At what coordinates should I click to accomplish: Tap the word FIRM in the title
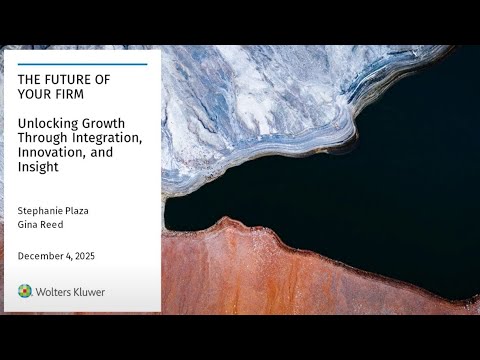[x=73, y=96]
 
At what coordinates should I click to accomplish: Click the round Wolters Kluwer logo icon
[x=25, y=291]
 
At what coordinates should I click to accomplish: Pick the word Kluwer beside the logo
[x=88, y=292]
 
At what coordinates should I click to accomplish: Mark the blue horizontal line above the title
[x=82, y=65]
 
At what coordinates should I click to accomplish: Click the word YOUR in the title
[x=35, y=96]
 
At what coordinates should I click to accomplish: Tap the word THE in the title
[x=30, y=80]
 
